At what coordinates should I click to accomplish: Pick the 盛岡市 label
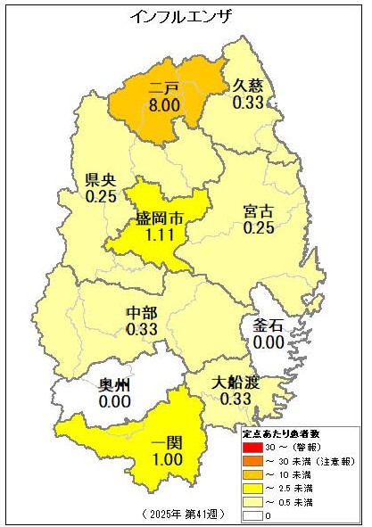(x=161, y=218)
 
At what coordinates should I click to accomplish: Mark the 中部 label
(x=142, y=311)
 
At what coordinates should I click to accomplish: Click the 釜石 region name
(x=269, y=325)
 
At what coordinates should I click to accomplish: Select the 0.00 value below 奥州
(x=115, y=402)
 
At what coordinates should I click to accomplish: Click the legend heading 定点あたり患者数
(x=280, y=432)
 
